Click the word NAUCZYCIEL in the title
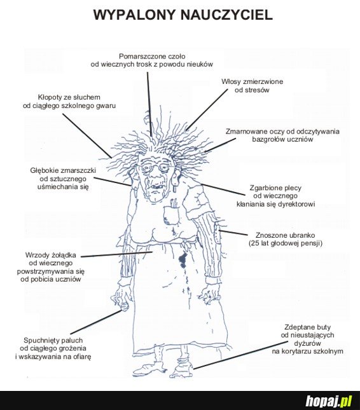(226, 15)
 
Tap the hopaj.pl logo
(329, 400)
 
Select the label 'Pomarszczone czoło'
(152, 56)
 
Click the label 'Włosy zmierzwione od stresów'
(252, 86)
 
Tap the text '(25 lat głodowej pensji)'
(286, 243)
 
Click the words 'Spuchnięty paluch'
(53, 341)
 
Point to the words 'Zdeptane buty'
(308, 327)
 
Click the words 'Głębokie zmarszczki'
(63, 170)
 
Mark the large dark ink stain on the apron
(182, 259)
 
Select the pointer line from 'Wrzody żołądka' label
(116, 254)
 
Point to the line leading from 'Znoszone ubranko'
(233, 233)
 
